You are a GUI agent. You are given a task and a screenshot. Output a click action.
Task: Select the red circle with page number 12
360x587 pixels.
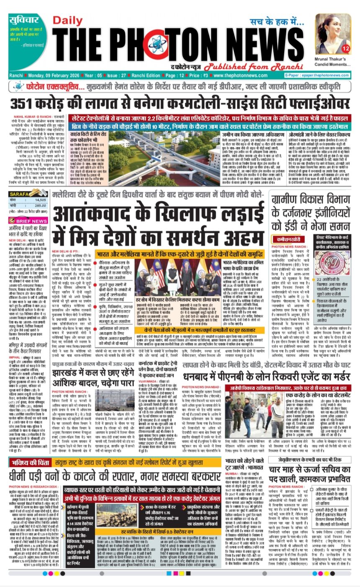coord(345,49)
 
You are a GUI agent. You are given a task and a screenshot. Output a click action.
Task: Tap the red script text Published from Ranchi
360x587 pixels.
coord(231,66)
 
